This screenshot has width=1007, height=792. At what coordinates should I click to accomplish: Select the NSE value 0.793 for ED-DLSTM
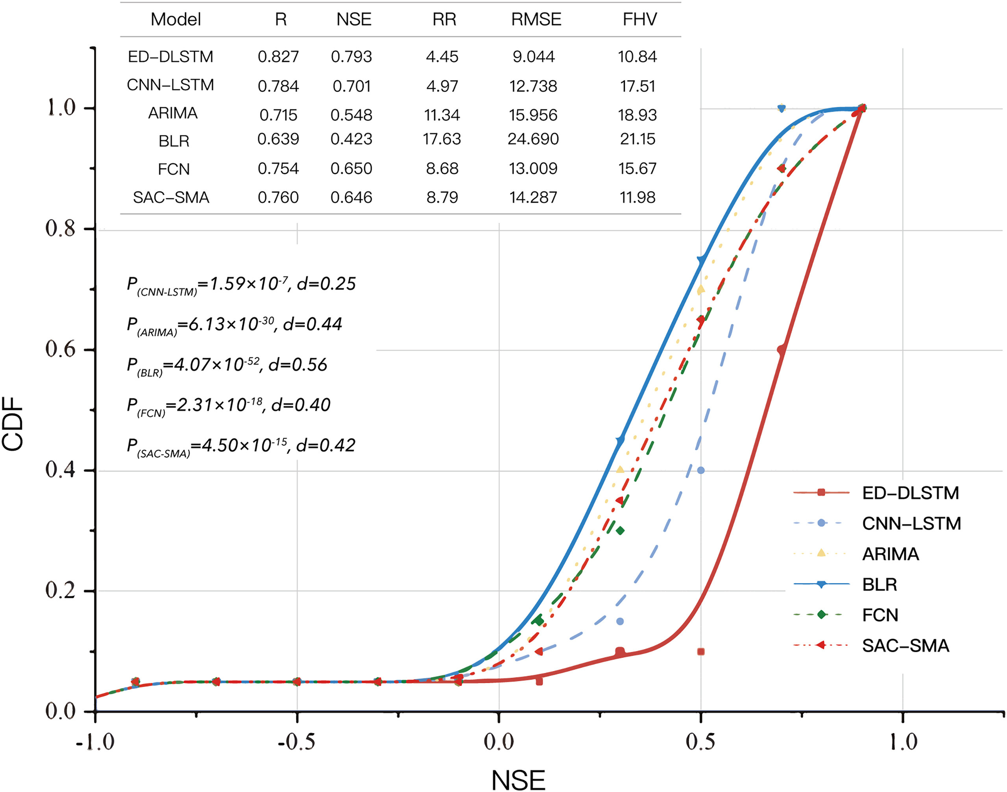(x=351, y=57)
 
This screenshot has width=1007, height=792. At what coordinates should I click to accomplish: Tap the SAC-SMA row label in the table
(x=171, y=198)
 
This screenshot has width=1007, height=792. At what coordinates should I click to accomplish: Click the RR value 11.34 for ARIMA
(x=442, y=114)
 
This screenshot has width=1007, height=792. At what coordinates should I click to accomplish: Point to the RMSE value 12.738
(x=533, y=86)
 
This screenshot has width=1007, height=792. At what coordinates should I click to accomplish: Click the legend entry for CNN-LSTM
(x=911, y=524)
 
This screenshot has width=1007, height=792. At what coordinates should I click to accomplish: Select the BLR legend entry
(x=879, y=585)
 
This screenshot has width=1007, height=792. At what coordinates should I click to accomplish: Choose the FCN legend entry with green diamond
(x=880, y=615)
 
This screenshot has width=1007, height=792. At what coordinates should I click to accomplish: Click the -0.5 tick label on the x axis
(x=296, y=742)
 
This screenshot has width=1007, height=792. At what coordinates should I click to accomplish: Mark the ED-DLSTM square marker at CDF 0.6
(x=782, y=350)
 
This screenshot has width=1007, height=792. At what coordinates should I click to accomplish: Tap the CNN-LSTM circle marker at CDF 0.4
(x=701, y=470)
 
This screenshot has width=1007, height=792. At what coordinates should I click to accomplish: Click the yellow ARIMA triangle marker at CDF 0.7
(x=700, y=289)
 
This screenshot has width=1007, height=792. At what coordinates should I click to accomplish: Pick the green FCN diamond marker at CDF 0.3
(x=620, y=530)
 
